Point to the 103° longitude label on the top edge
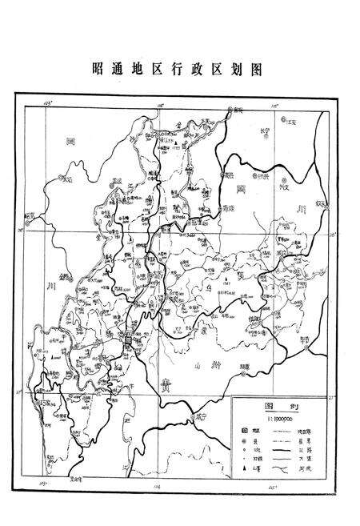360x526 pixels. pyautogui.click(x=49, y=104)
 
